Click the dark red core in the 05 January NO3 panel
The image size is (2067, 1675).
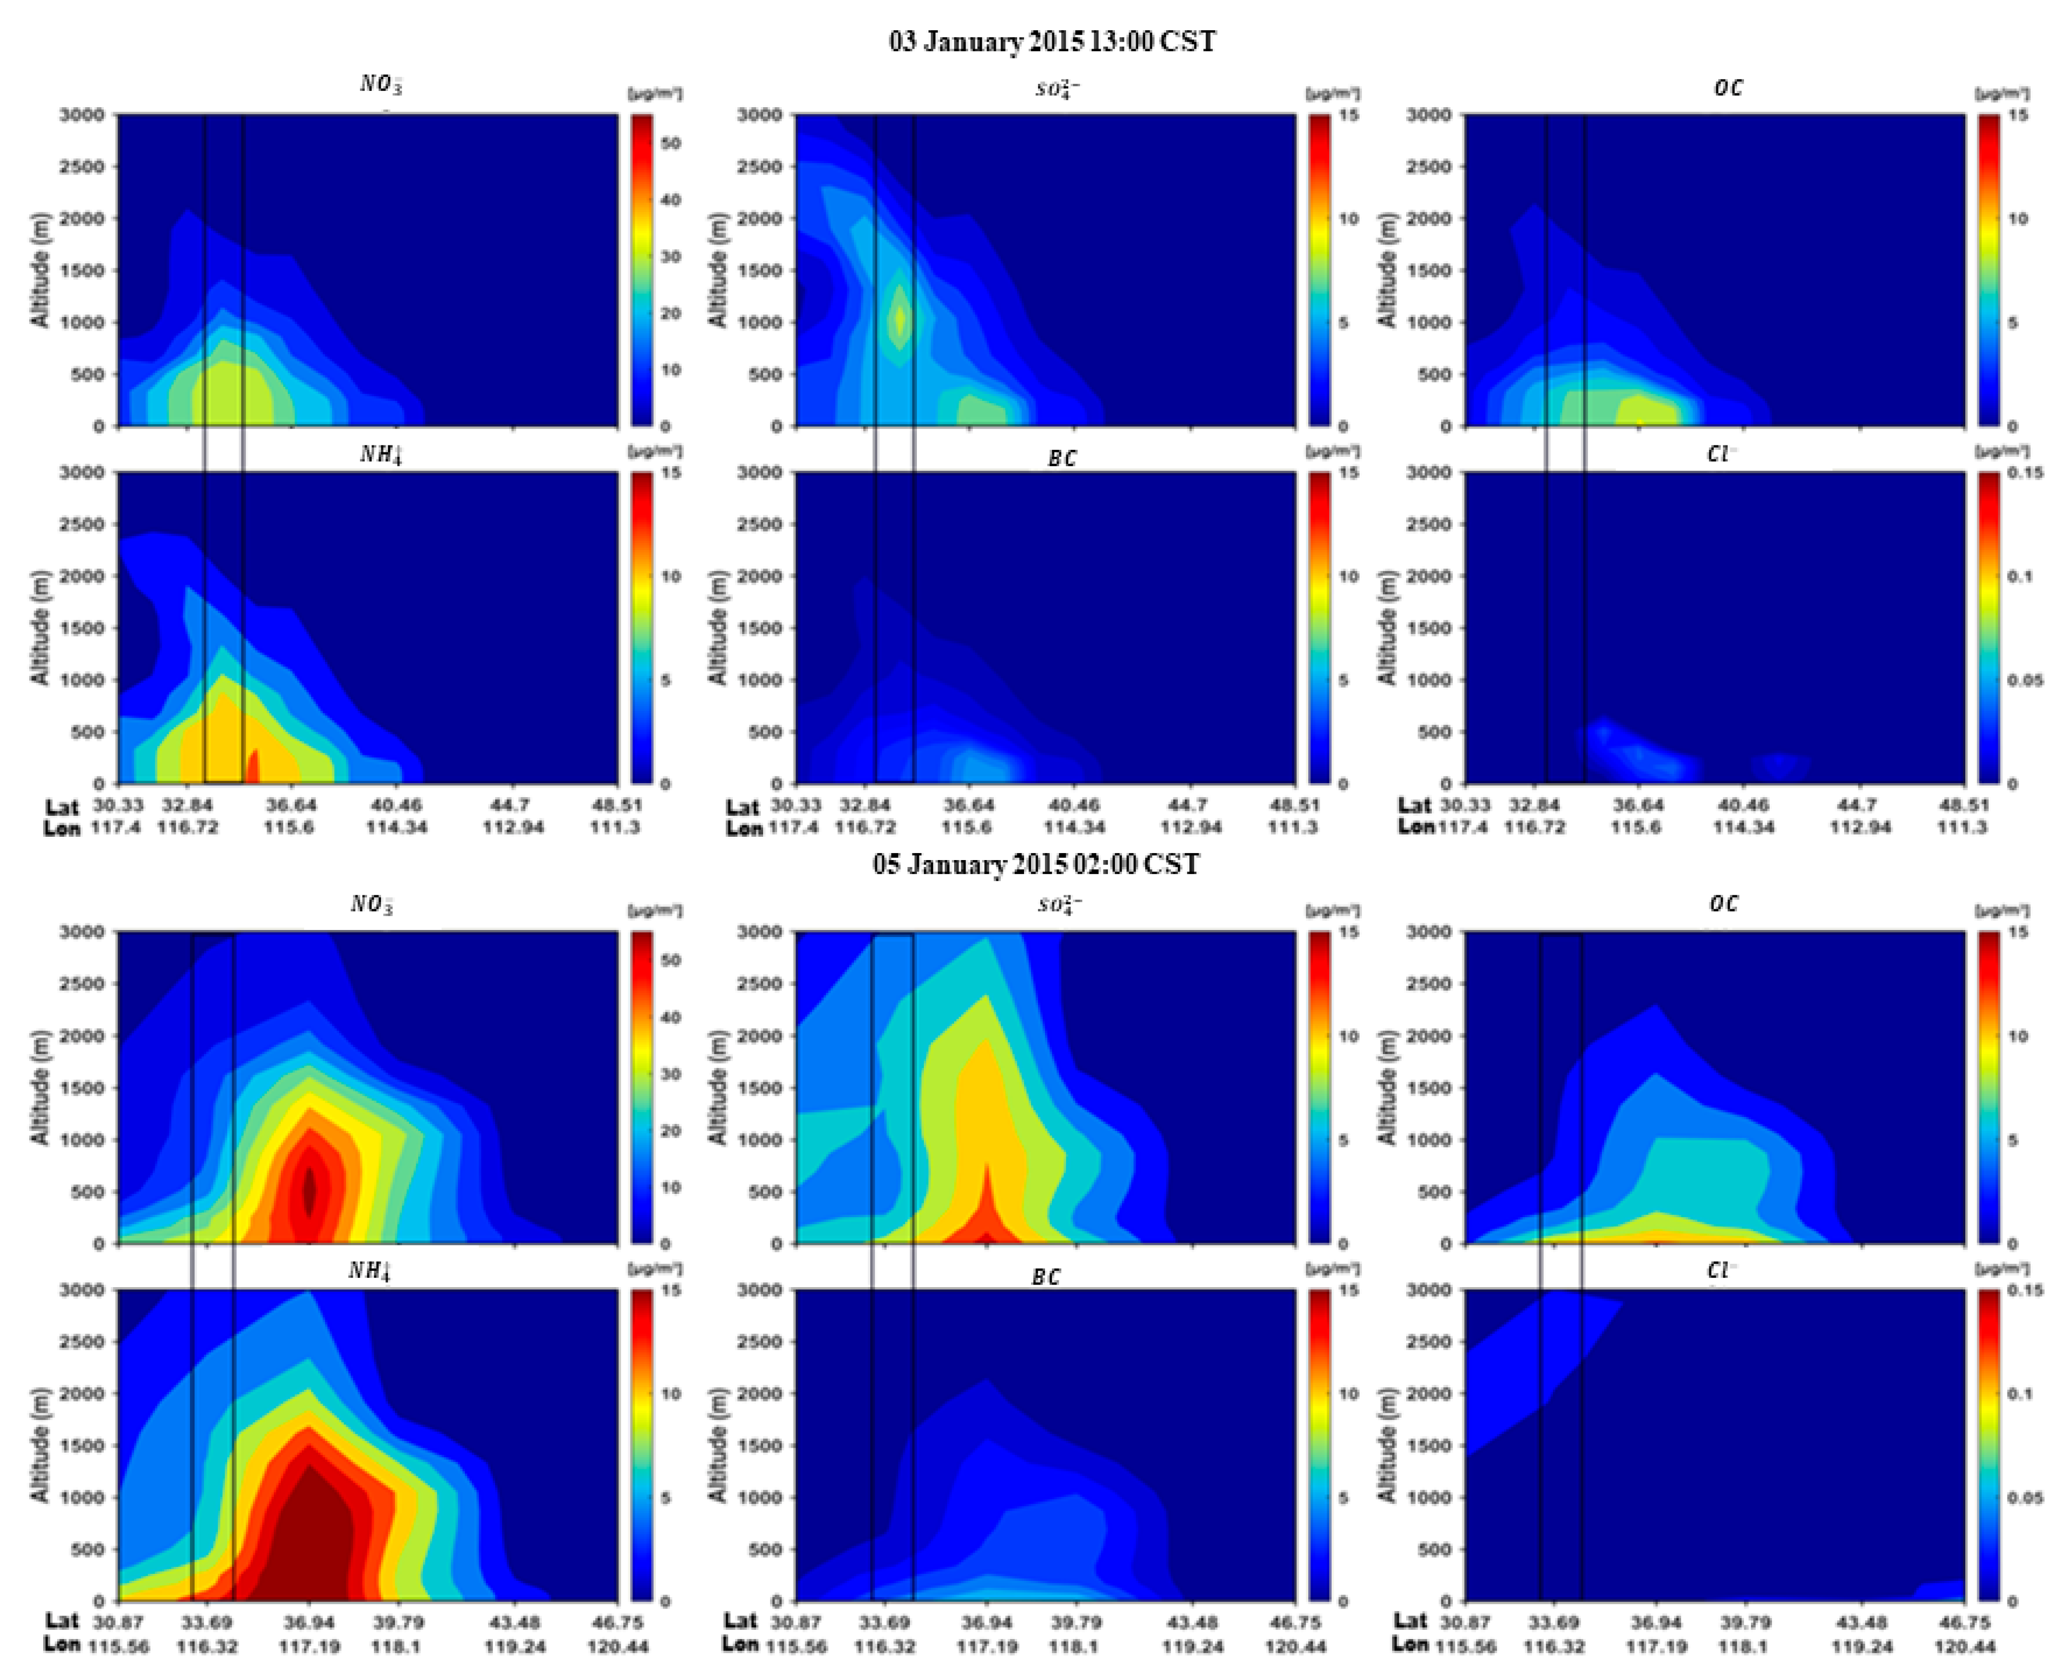[x=309, y=1191]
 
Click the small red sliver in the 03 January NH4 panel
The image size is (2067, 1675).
[x=254, y=767]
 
